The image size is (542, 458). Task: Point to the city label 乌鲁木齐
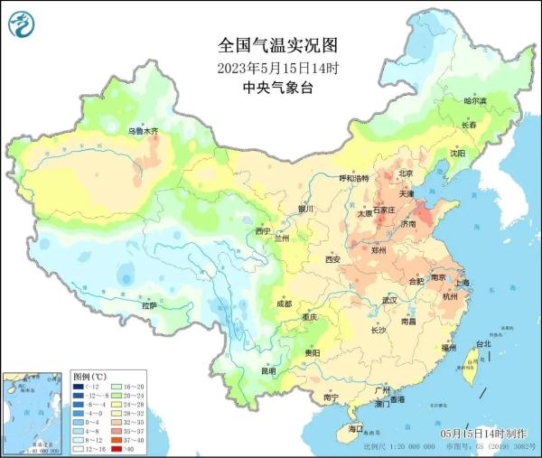point(142,131)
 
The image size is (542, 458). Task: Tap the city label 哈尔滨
point(474,101)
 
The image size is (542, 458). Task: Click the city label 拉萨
point(148,306)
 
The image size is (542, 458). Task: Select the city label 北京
point(406,173)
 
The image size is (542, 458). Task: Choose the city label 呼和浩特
point(353,179)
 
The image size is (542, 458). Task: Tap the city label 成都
point(284,304)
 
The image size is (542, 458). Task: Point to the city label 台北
point(483,344)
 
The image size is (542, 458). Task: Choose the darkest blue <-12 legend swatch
point(79,386)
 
